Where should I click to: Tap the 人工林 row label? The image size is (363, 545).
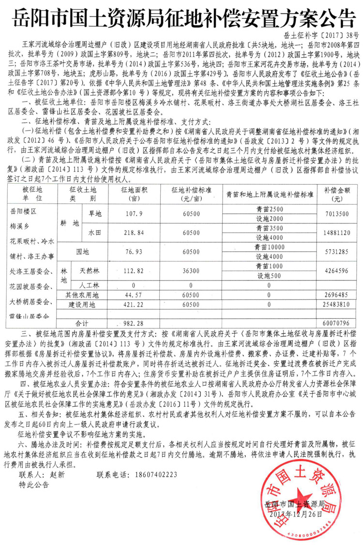[x=89, y=285]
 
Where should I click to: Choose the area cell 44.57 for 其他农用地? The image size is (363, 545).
[x=132, y=295]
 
